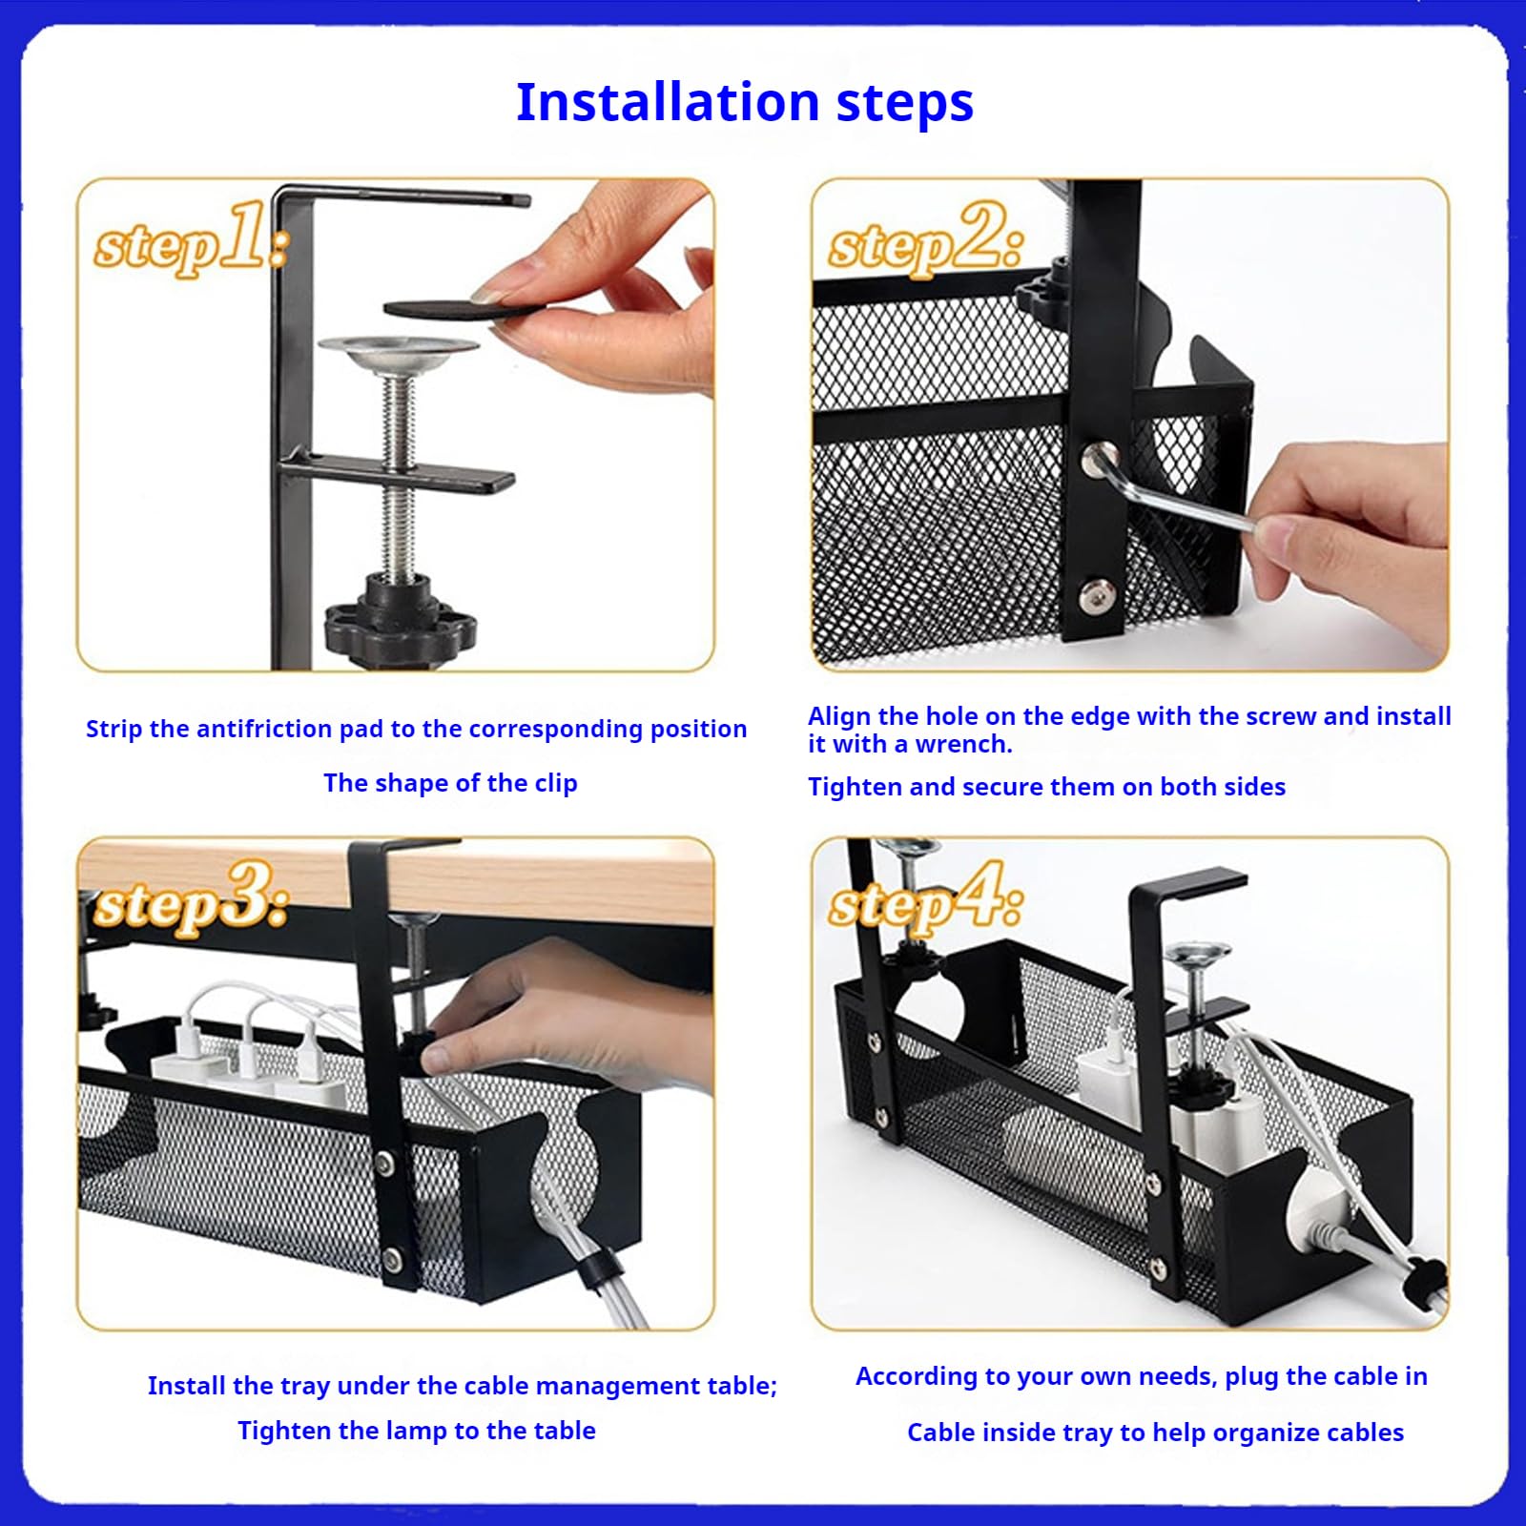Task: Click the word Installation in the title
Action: (668, 101)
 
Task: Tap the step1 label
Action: (191, 239)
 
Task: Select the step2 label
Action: (926, 239)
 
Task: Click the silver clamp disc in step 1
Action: (399, 354)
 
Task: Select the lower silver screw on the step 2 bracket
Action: (1098, 597)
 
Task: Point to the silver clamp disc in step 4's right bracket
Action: (1198, 953)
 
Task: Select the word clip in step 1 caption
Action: (555, 784)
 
